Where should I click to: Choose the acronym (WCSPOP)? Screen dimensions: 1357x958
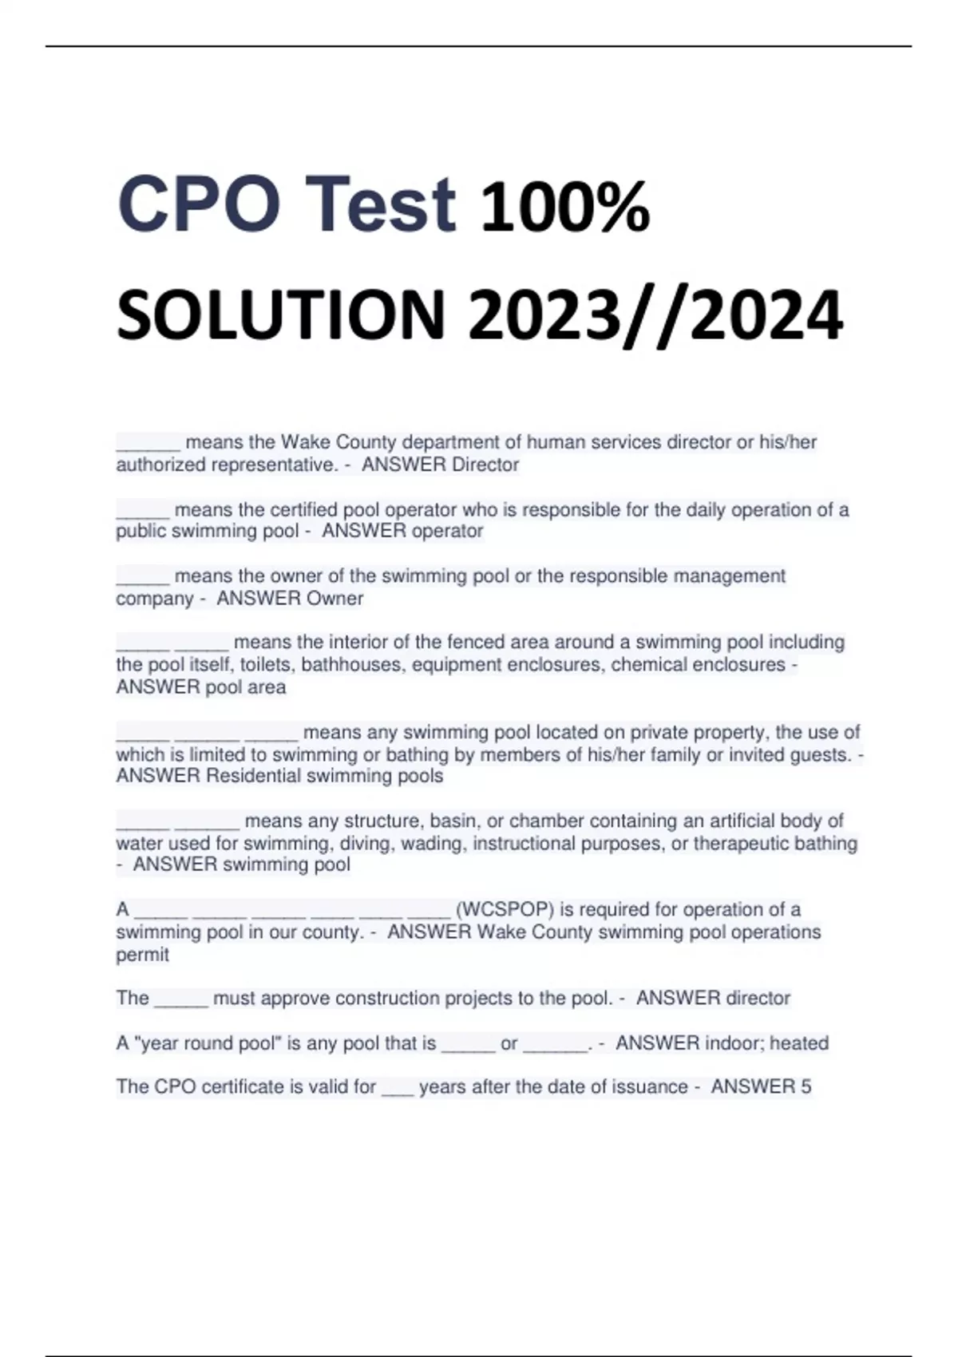click(505, 909)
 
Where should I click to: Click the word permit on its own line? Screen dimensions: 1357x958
click(142, 955)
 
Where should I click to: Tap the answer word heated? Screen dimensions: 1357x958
click(799, 1043)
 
